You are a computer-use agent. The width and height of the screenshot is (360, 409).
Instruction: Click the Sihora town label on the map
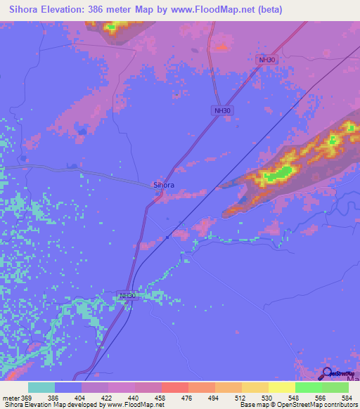[164, 185]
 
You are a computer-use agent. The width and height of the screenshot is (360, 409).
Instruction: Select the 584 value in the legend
[345, 396]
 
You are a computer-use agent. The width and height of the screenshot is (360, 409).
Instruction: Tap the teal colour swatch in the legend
[41, 387]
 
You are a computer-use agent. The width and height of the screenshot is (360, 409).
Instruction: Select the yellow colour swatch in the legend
[281, 387]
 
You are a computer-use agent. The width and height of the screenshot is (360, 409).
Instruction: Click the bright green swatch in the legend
[308, 387]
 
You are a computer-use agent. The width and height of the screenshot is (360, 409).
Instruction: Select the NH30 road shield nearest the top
[267, 60]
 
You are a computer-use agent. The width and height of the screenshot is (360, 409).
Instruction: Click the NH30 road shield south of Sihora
[127, 297]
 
